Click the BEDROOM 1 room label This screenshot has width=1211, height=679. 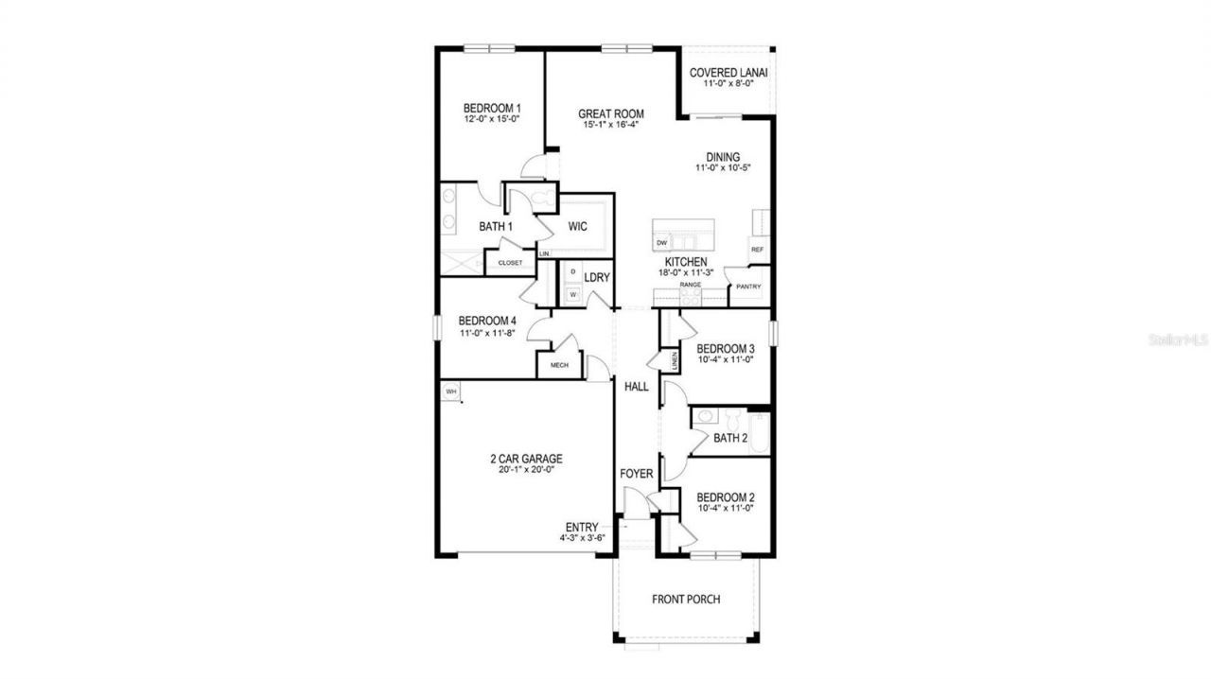click(x=491, y=108)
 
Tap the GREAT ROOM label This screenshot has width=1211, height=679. click(x=611, y=113)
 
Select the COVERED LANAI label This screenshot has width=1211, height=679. click(x=728, y=72)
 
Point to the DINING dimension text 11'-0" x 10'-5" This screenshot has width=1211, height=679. click(x=723, y=168)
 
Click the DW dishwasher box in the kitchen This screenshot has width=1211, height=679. click(x=662, y=243)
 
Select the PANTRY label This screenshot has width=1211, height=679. click(x=748, y=287)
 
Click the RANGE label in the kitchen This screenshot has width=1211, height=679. click(x=689, y=284)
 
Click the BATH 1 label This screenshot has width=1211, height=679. click(x=495, y=227)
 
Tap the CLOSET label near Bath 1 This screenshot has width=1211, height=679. click(x=510, y=263)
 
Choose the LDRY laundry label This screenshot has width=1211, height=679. click(x=597, y=277)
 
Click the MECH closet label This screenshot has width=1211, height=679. click(x=558, y=365)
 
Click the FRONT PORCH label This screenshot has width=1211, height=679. click(x=686, y=600)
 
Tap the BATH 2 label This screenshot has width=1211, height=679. click(x=730, y=438)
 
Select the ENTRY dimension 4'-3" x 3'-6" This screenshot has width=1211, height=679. click(x=581, y=538)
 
